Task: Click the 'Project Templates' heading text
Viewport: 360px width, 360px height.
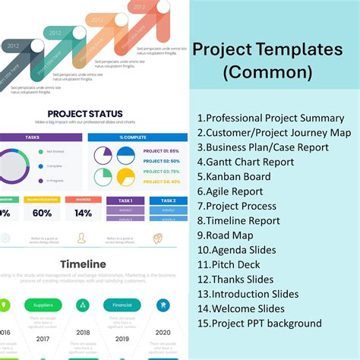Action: pos(267,50)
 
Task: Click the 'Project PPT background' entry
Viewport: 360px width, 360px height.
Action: pos(259,324)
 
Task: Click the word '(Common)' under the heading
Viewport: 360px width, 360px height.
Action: pos(267,73)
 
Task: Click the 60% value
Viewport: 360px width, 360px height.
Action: pos(41,214)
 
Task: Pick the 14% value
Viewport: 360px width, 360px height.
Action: pos(83,214)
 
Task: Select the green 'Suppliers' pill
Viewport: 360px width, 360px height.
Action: pos(43,305)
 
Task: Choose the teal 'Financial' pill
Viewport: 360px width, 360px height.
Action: pos(122,305)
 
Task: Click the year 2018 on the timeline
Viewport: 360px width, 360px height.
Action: pos(83,333)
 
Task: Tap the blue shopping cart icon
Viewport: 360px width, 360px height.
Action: pos(162,305)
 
